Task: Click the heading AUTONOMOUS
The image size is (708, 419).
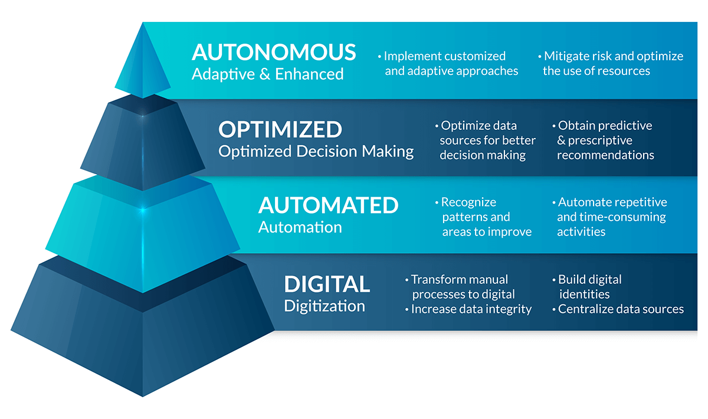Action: (x=274, y=52)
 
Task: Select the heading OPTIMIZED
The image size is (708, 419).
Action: (x=280, y=129)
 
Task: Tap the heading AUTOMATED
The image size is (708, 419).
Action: (x=329, y=205)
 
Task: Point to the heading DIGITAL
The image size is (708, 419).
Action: (x=327, y=284)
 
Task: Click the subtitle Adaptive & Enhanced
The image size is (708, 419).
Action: (x=267, y=74)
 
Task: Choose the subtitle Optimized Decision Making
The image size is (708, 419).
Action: (x=316, y=152)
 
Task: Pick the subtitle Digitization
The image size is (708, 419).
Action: (x=324, y=306)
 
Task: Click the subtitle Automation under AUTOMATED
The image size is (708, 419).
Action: (x=300, y=227)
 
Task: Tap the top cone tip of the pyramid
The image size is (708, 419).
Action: (x=143, y=23)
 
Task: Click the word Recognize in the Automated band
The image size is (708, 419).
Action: (x=468, y=202)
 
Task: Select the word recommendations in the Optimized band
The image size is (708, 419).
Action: (x=605, y=155)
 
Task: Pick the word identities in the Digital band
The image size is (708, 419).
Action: (x=584, y=294)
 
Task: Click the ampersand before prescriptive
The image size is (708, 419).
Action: (x=561, y=140)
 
